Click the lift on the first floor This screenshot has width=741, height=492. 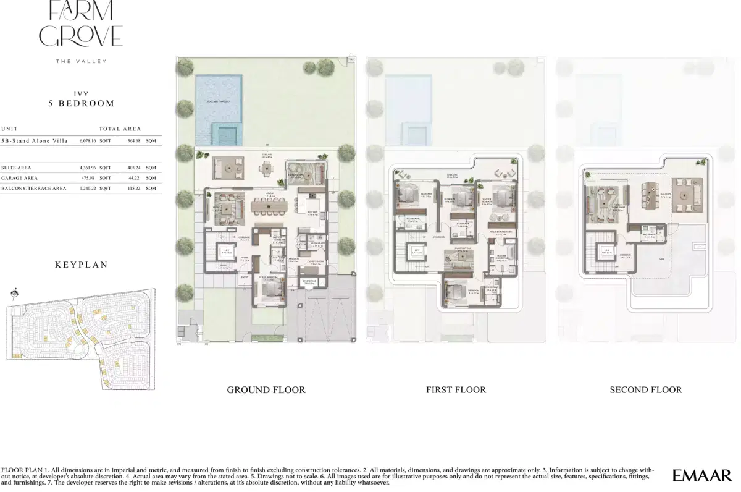[417, 252]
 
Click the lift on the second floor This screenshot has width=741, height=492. [606, 252]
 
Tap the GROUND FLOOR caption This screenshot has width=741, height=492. [266, 390]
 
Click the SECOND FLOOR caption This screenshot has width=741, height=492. [646, 390]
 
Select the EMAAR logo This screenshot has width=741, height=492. [701, 475]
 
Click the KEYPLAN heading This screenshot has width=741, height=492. [82, 265]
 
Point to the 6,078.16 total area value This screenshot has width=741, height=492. [88, 141]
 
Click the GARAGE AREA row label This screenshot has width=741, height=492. [20, 178]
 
